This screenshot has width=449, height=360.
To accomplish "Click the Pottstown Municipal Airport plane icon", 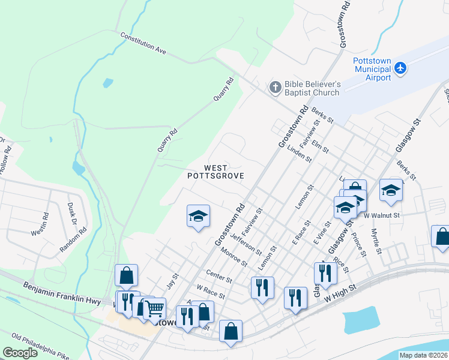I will (401, 69).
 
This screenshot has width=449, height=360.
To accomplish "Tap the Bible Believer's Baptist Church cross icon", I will (275, 88).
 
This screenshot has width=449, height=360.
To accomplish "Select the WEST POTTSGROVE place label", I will (215, 172).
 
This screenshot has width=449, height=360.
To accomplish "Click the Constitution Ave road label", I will (143, 44).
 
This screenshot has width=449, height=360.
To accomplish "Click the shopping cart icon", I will (154, 308).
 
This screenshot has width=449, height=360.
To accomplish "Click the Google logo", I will (20, 352).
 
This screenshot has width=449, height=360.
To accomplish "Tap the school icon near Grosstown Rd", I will (198, 216).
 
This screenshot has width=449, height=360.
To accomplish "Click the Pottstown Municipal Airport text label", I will (372, 69).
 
